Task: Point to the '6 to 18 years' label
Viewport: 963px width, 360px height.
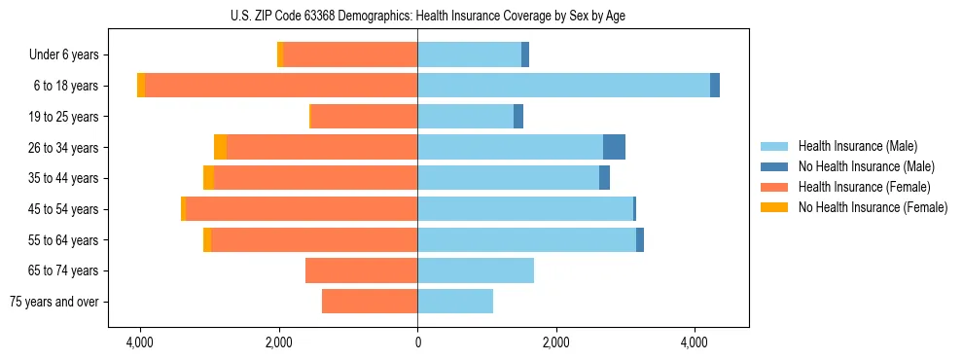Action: (x=65, y=86)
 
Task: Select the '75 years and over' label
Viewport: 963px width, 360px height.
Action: (x=54, y=302)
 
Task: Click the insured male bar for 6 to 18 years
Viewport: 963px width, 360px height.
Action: (x=563, y=86)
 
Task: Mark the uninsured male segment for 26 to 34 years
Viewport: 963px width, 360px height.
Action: (x=614, y=147)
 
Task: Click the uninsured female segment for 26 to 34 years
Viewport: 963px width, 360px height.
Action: (x=221, y=147)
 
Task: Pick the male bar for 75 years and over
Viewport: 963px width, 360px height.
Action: (x=455, y=302)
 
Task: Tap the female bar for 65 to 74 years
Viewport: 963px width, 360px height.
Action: (x=361, y=270)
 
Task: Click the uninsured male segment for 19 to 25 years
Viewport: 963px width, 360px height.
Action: (x=518, y=117)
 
